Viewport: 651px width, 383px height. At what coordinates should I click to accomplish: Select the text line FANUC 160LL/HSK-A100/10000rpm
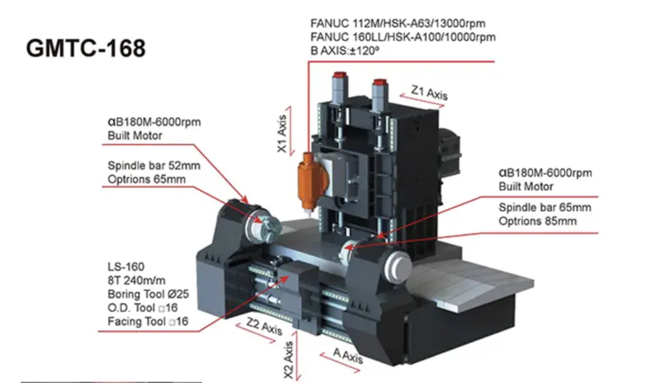[402, 36]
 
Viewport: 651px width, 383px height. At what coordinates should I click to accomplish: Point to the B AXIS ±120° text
[347, 50]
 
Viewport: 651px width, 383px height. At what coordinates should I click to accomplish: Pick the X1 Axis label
[282, 135]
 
